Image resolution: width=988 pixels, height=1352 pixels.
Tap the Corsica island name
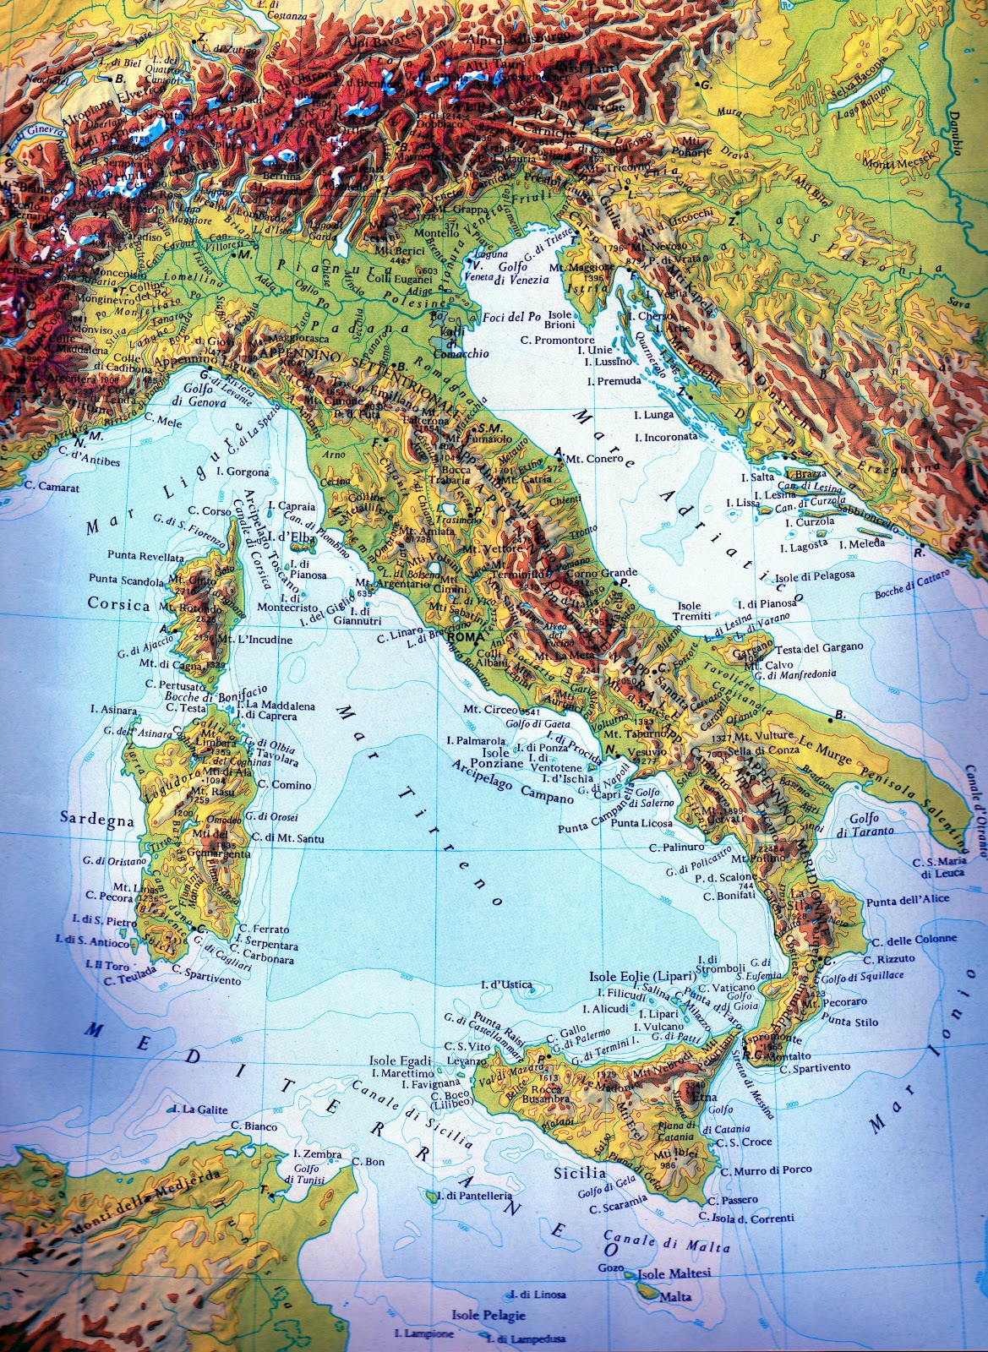tap(118, 605)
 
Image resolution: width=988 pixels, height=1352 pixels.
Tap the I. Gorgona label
tap(243, 472)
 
